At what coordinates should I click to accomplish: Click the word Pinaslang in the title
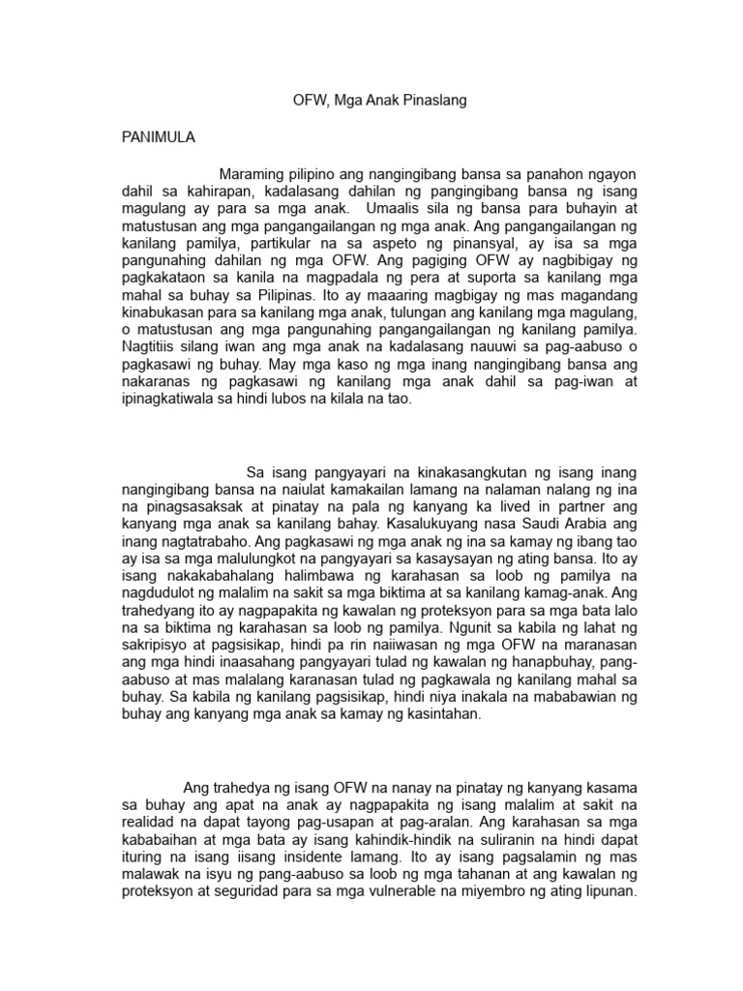(x=435, y=101)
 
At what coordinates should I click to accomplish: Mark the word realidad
(x=151, y=825)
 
